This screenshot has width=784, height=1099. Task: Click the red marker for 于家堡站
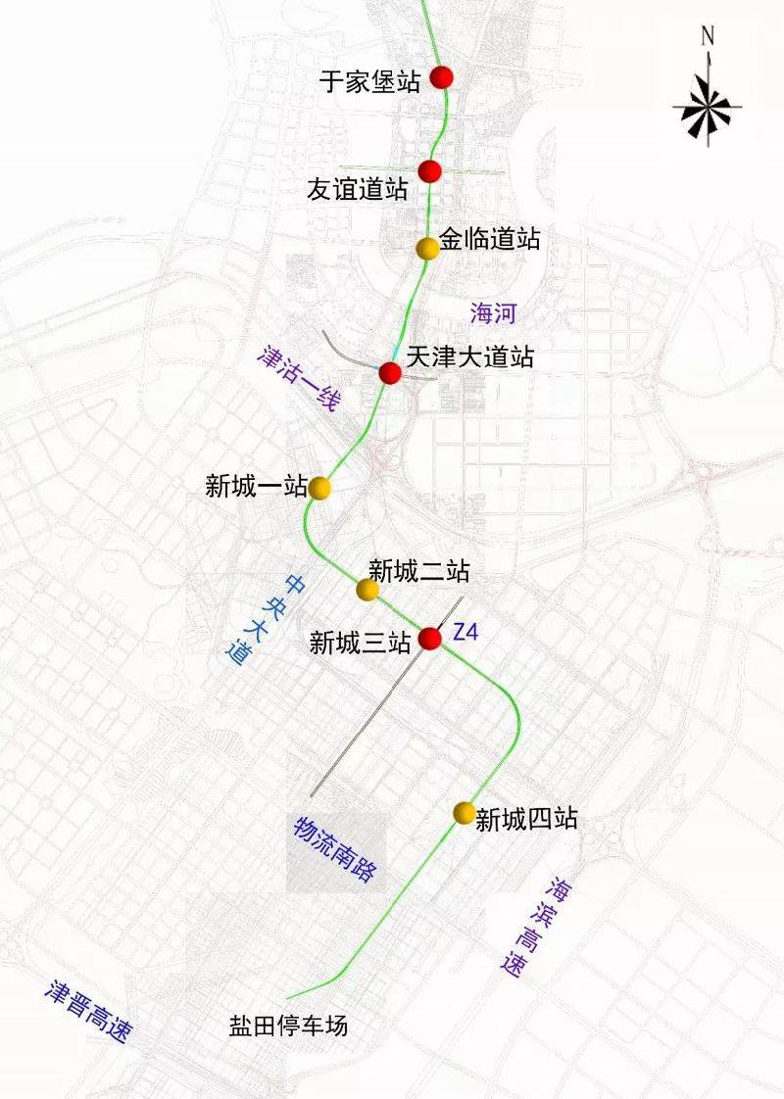(442, 77)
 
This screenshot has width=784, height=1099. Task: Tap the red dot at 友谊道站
(429, 171)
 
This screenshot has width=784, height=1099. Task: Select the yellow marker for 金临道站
(426, 249)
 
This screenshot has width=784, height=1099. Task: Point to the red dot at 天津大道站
(389, 373)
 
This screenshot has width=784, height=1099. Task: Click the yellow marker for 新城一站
(318, 488)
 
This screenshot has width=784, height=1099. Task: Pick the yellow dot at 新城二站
(367, 590)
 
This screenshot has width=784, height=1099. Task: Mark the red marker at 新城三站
(429, 639)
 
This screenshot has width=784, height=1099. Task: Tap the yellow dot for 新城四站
(464, 813)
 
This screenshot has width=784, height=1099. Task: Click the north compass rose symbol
(707, 104)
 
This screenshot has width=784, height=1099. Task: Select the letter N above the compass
(708, 37)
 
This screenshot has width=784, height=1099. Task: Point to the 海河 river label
(492, 313)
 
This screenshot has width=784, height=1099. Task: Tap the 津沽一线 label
(298, 376)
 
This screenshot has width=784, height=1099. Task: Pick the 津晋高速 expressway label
(87, 1010)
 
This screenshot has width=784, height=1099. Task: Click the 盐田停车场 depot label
(288, 1026)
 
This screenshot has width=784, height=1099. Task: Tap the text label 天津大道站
(469, 357)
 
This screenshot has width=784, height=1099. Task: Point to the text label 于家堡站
(370, 81)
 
